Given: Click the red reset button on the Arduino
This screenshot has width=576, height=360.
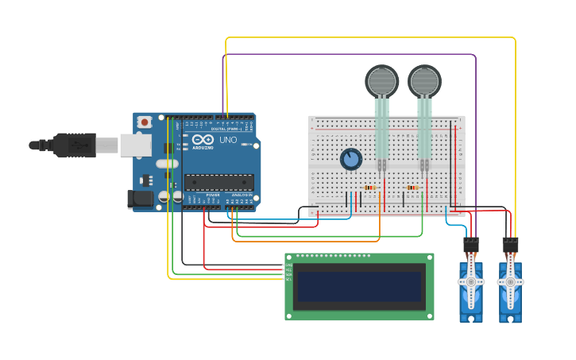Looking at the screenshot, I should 145,122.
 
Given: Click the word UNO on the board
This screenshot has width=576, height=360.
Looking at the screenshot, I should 228,140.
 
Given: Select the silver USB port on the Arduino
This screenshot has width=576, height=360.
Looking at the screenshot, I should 136,145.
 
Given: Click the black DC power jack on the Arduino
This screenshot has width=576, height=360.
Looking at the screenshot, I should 141,199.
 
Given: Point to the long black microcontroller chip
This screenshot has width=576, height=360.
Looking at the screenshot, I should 219,182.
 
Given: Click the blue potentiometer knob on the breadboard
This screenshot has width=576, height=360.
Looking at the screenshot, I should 350,160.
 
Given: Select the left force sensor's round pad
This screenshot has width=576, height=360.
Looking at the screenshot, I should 381,81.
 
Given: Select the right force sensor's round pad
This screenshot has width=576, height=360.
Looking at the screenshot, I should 424,81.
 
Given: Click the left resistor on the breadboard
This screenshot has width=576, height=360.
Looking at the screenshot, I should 369,188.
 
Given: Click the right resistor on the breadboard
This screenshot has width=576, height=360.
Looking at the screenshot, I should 412,188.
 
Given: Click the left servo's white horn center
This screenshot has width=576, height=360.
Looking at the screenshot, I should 470,281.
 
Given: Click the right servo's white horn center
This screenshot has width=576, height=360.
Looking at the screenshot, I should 510,281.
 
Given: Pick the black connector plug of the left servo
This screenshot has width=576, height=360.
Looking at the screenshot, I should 471,245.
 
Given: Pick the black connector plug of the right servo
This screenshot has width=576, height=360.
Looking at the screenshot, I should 510,245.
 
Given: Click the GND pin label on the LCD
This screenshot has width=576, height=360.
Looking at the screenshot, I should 288,265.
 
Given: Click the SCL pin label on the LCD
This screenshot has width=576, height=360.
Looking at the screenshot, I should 288,279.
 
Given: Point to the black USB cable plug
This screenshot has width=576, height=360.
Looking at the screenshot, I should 75,145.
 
